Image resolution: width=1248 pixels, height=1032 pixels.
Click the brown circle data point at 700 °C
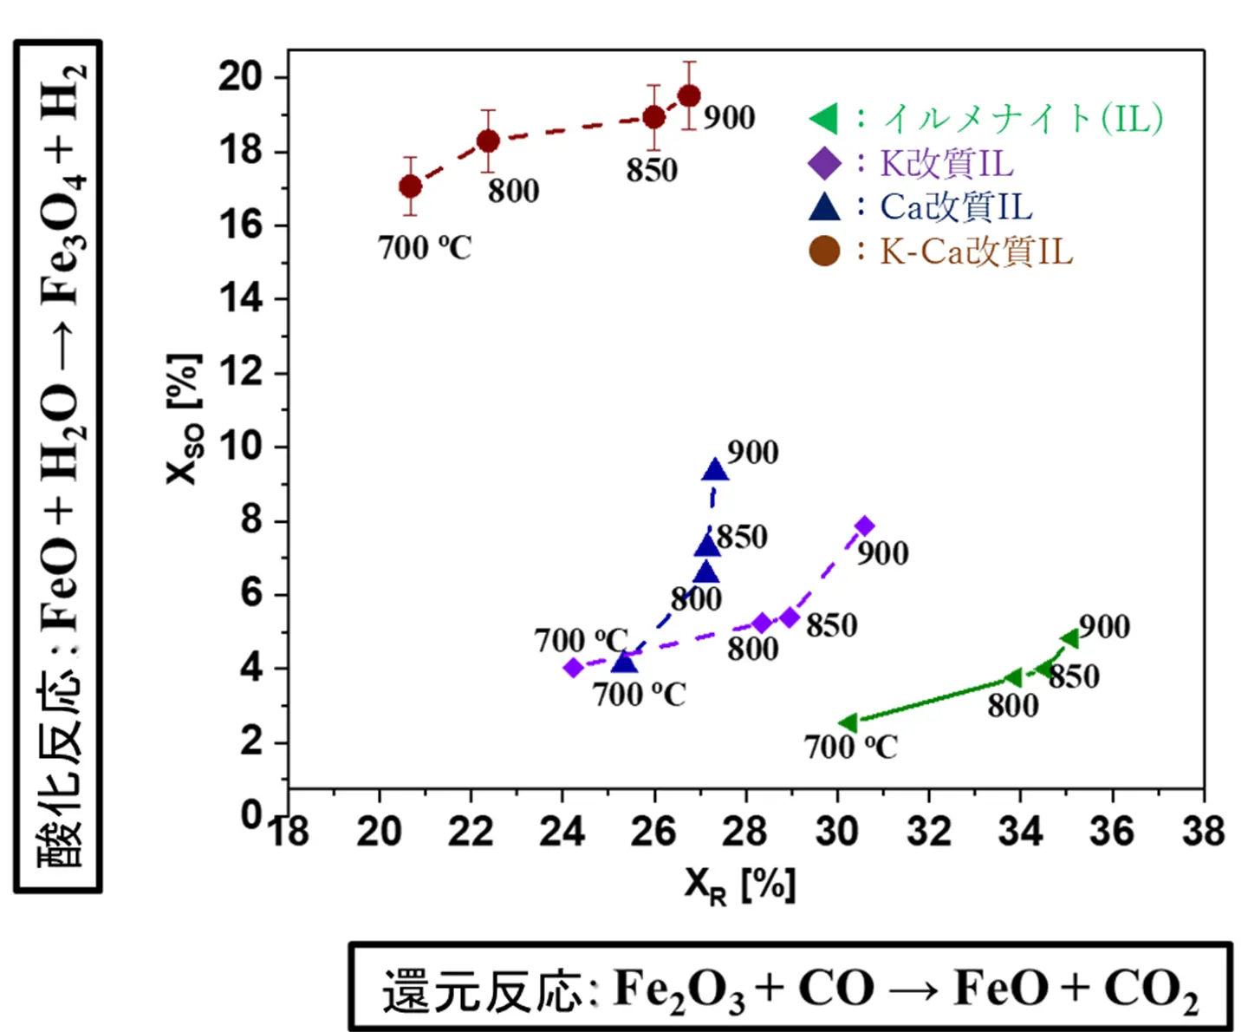[x=411, y=186]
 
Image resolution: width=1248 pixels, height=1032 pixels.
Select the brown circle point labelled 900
[x=689, y=95]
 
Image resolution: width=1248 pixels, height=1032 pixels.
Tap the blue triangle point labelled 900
[x=715, y=470]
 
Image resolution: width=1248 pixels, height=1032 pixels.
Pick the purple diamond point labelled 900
[x=864, y=526]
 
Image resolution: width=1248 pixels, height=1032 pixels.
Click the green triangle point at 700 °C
[x=848, y=722]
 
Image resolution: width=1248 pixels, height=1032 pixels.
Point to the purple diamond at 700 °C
[x=573, y=667]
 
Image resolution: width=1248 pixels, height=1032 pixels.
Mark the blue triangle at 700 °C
[x=624, y=663]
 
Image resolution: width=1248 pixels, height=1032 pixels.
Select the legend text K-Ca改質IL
[x=976, y=251]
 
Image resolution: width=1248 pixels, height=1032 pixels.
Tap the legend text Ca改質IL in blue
[x=956, y=206]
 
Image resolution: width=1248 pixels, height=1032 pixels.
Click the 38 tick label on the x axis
[x=1203, y=831]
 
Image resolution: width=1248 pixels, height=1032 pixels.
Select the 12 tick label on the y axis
[x=240, y=373]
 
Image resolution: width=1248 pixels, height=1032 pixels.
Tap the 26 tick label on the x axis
[x=653, y=831]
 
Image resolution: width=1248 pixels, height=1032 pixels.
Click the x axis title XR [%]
[x=739, y=885]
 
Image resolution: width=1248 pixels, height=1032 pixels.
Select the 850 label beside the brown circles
[x=652, y=170]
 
